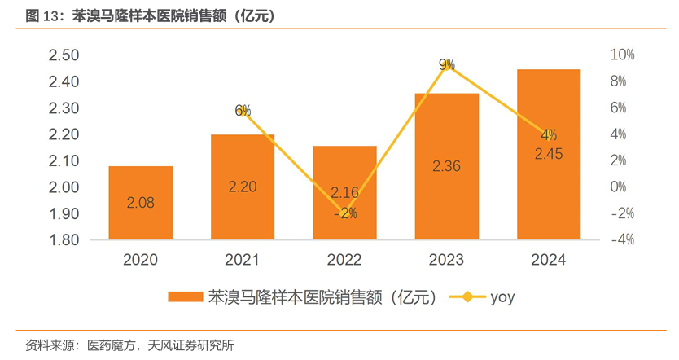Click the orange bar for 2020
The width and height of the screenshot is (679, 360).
pos(140,203)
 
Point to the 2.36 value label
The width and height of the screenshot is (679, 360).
pos(446,166)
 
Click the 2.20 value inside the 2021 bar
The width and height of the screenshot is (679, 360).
pos(242,187)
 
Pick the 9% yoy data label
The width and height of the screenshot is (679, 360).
pos(446,64)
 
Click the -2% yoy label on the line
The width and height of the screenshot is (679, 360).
pos(344,213)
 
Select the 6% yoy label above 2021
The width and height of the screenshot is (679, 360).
pos(243,111)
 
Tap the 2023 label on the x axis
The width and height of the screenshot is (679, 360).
pos(446,261)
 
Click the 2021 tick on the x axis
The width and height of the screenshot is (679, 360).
pos(242,261)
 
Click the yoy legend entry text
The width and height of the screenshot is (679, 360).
pos(502,297)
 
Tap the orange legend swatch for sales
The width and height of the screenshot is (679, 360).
pos(183,297)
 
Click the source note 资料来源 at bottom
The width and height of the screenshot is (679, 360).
pos(49,345)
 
